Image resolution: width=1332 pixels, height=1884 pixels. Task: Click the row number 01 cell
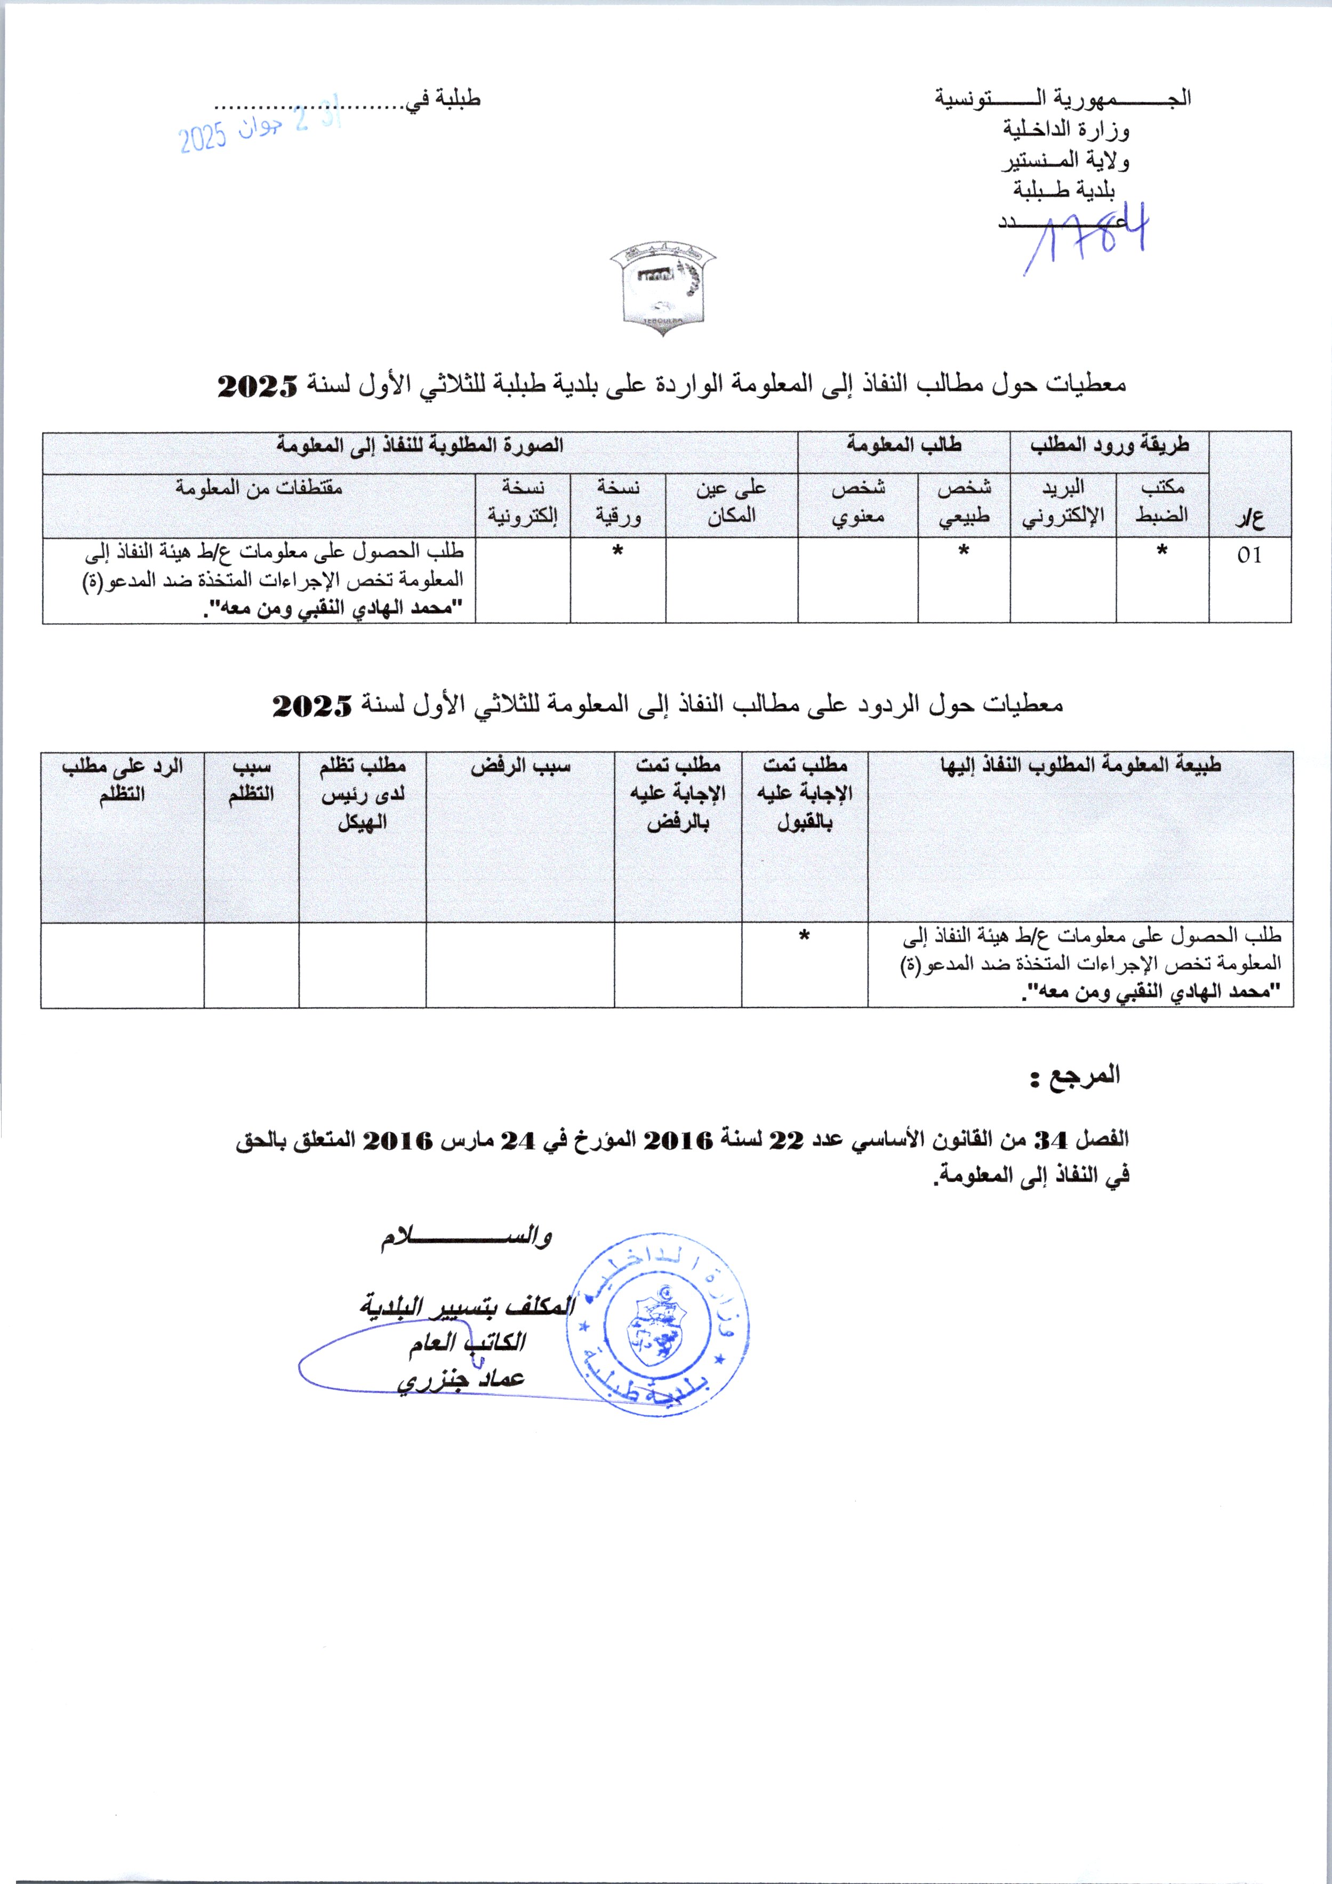click(x=1249, y=556)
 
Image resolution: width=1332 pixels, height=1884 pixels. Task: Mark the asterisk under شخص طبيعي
click(x=964, y=551)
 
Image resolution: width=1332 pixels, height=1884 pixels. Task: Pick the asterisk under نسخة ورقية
click(x=617, y=551)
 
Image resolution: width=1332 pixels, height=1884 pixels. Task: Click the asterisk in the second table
click(x=804, y=935)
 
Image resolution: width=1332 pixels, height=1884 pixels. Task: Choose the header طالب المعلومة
click(x=904, y=446)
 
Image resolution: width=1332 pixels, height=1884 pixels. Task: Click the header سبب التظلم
click(x=251, y=780)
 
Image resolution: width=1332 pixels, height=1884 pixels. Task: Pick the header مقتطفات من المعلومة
click(x=259, y=487)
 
